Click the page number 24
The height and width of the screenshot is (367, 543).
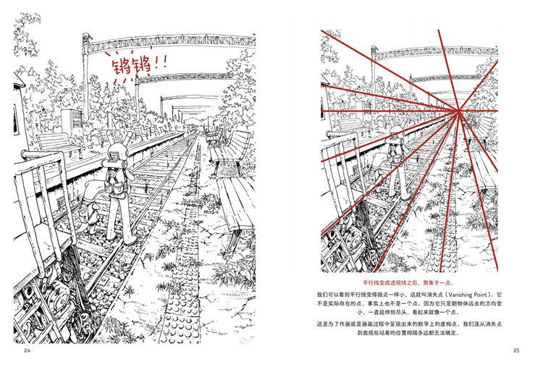click(x=28, y=350)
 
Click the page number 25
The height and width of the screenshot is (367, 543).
click(x=515, y=350)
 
